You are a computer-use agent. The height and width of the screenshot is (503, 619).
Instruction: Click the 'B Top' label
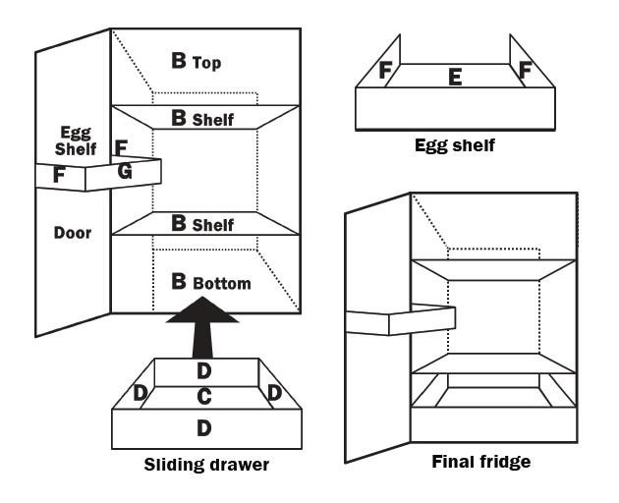coord(197,62)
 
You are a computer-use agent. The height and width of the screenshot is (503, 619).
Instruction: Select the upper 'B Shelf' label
coord(202,118)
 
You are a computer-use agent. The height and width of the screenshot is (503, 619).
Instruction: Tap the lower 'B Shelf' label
coord(202,224)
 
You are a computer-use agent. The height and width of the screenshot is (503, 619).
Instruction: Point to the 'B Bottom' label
coord(211,283)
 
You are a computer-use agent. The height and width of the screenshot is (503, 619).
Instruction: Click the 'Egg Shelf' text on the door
coord(78,140)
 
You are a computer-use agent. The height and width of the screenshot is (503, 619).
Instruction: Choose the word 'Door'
coord(73,233)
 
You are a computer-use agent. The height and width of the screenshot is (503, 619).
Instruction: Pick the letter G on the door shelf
coord(124,171)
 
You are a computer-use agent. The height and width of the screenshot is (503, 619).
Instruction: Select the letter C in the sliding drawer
coord(204,397)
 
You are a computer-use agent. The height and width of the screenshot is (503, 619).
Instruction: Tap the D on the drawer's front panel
coord(204,428)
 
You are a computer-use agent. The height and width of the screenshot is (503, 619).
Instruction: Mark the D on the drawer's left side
coord(141,393)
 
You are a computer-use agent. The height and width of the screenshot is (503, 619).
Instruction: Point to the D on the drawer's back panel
coord(204,371)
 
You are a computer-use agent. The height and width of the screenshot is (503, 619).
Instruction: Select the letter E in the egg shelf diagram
coord(455,78)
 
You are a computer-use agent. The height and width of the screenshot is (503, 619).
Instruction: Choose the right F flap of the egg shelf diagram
coord(525,71)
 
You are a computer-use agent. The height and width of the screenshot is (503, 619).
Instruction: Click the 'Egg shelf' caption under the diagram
coord(455,145)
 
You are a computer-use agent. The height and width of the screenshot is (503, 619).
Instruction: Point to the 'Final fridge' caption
coord(481,461)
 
